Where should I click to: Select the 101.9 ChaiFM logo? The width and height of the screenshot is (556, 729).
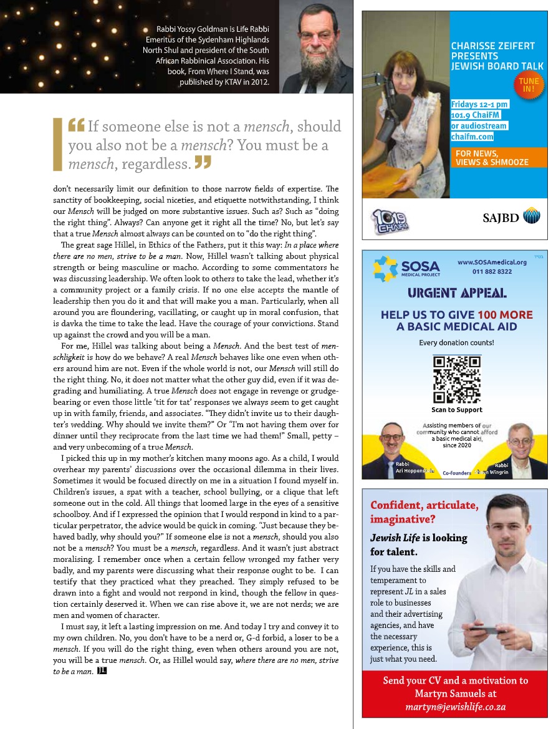pos(390,220)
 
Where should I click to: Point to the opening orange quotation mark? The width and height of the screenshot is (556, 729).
pos(77,126)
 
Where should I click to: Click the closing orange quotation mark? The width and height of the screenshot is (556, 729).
pos(203,164)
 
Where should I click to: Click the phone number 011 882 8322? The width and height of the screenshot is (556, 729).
pos(492,271)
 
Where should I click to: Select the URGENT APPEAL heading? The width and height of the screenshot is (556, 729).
pos(456,292)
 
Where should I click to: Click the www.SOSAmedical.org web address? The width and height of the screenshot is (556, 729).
pos(492,262)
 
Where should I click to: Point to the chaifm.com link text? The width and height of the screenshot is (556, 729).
pos(472,137)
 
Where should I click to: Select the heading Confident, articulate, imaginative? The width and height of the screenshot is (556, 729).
pos(424,511)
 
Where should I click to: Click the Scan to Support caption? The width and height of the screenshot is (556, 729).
pos(456,410)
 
